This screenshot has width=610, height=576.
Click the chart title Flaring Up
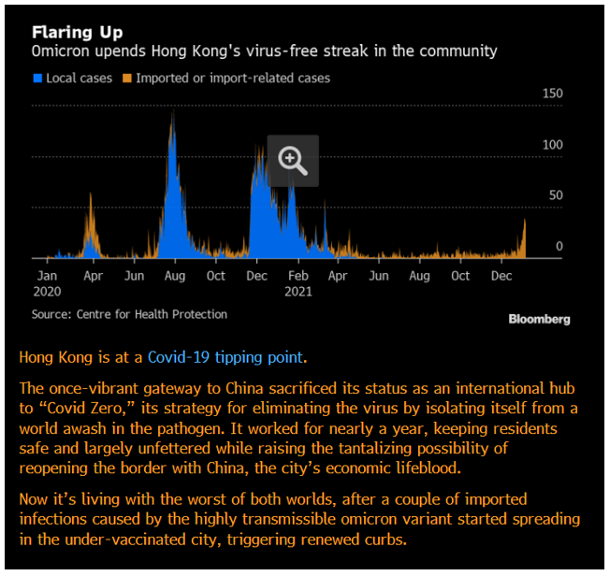(x=77, y=33)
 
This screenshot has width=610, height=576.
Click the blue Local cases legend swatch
(x=37, y=79)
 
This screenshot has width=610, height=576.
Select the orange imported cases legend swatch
(x=127, y=79)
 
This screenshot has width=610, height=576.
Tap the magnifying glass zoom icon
(x=293, y=161)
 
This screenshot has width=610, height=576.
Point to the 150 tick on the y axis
(x=552, y=94)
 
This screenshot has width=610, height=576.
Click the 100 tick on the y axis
(x=552, y=145)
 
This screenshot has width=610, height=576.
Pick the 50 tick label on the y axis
(x=555, y=195)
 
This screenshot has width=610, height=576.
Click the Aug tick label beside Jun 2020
(x=175, y=276)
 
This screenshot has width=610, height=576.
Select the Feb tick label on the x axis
(x=298, y=276)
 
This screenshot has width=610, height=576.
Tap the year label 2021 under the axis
(x=299, y=291)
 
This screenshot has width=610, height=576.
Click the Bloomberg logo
(x=539, y=319)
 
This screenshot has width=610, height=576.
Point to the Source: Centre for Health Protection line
(x=129, y=314)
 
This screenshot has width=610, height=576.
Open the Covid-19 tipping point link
(x=225, y=357)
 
